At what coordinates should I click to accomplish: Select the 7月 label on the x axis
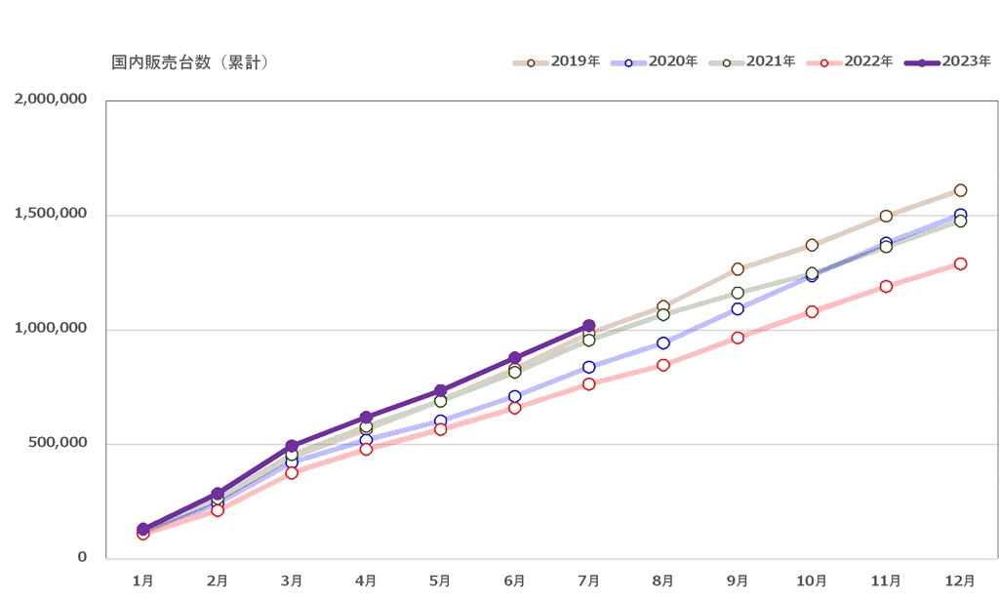coord(588,581)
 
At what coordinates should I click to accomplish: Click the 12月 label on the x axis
coord(960,581)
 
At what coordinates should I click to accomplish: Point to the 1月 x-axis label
coord(142,581)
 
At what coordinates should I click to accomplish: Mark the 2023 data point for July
coord(588,326)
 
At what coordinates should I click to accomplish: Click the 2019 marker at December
coord(960,190)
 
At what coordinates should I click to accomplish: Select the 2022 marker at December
coord(960,263)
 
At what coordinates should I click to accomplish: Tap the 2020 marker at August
coord(663,343)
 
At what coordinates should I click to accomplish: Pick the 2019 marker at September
coord(738,269)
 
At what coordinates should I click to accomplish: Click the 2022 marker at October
coord(812,312)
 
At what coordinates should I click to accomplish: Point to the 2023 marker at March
coord(292,446)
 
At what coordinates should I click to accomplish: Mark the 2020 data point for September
coord(738,309)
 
